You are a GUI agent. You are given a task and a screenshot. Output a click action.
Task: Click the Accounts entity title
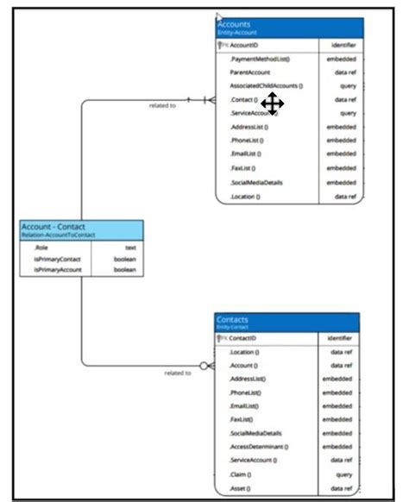tap(235, 25)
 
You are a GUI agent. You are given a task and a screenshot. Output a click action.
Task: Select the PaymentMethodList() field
tap(260, 59)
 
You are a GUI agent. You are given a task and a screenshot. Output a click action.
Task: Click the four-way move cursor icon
tap(272, 104)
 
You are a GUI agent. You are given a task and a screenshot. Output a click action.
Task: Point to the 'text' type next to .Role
tap(130, 247)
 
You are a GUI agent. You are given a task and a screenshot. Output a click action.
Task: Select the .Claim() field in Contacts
tap(242, 474)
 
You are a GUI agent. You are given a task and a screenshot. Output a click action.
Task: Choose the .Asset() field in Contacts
tap(242, 487)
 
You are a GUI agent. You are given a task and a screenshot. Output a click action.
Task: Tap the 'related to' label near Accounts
tap(163, 105)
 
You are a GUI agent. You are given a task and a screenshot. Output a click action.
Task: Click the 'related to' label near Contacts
tap(177, 373)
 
